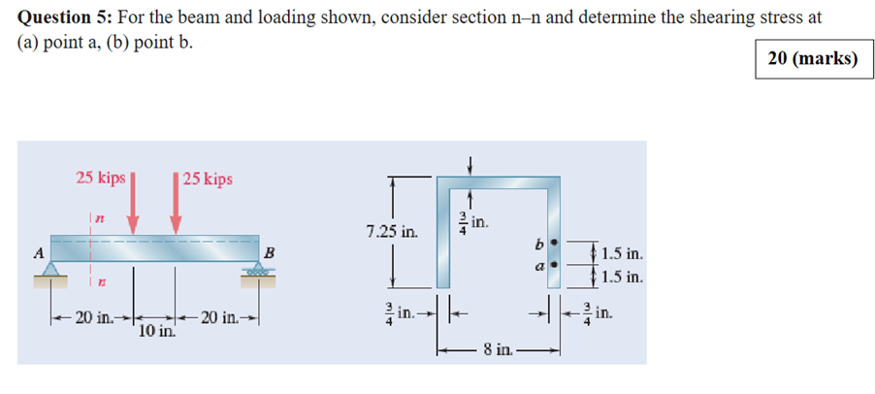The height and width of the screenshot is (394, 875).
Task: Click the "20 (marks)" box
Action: coord(812,59)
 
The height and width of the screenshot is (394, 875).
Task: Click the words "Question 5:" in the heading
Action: coord(63,16)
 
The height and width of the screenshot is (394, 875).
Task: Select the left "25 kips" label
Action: coord(101,178)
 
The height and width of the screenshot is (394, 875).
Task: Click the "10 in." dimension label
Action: coord(156,332)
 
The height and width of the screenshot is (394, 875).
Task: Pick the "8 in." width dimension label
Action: coord(500,349)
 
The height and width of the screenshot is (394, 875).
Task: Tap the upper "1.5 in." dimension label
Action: coord(622,254)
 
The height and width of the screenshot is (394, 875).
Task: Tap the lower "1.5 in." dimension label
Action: coord(622,277)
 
